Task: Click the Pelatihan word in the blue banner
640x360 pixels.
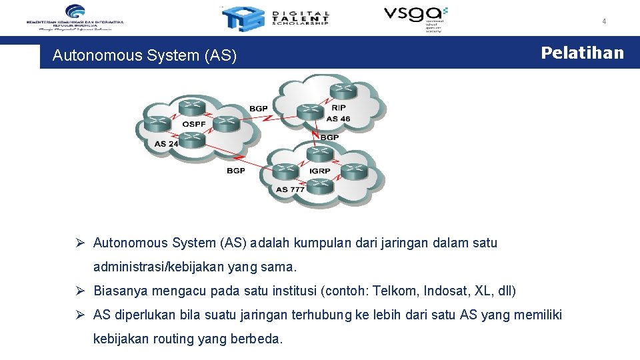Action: click(582, 53)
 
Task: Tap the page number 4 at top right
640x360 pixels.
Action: click(604, 21)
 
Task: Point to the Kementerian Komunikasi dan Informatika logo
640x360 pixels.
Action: click(75, 17)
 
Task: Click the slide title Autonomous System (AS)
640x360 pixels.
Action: click(145, 55)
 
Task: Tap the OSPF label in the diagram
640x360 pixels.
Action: click(195, 124)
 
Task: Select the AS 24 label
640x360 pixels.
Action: click(167, 143)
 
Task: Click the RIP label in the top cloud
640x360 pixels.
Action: click(339, 107)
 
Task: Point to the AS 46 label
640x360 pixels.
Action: click(338, 119)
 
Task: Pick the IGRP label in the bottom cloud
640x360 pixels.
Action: click(320, 171)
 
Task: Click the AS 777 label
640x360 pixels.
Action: click(290, 189)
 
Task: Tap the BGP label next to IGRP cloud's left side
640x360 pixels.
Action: click(236, 171)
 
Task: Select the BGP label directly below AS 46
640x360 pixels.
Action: click(329, 137)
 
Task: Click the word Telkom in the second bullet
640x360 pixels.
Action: click(393, 291)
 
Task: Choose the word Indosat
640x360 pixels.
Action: click(445, 291)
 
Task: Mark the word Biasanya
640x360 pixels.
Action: click(121, 291)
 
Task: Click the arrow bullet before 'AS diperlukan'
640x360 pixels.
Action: click(79, 315)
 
